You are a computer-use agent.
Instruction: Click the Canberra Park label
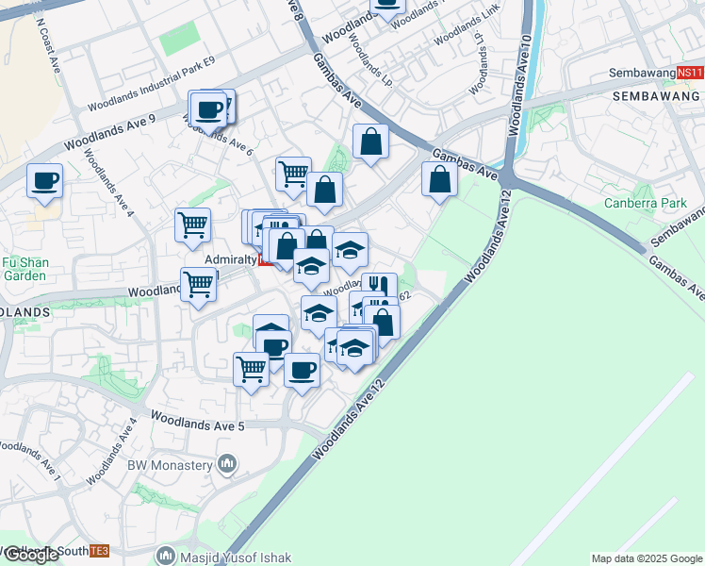646,203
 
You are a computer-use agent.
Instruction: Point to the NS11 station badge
690,73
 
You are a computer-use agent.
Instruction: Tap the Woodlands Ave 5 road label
197,420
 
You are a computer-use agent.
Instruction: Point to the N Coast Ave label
47,38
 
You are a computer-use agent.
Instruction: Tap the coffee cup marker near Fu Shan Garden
43,180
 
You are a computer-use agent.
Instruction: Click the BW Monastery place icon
226,464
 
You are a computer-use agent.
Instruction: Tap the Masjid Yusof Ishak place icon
167,557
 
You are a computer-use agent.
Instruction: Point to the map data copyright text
647,558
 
